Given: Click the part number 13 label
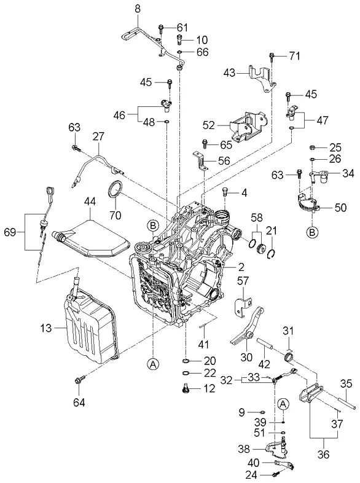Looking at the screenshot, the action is (46, 328).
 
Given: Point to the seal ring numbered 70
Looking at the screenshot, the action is (115, 190).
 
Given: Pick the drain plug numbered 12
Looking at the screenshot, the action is (186, 389).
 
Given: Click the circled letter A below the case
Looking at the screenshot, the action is (153, 364).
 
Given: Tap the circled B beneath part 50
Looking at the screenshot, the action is (312, 232).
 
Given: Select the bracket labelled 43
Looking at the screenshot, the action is (262, 79).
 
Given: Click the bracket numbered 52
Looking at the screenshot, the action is (248, 127).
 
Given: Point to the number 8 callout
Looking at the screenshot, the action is (138, 9).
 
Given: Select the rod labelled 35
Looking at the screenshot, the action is (347, 403).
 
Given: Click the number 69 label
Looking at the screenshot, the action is (10, 232).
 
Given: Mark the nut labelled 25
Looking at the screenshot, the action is (311, 147).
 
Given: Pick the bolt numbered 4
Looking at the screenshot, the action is (225, 193).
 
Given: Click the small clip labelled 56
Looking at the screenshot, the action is (200, 161).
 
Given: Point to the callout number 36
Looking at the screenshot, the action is (323, 454).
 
